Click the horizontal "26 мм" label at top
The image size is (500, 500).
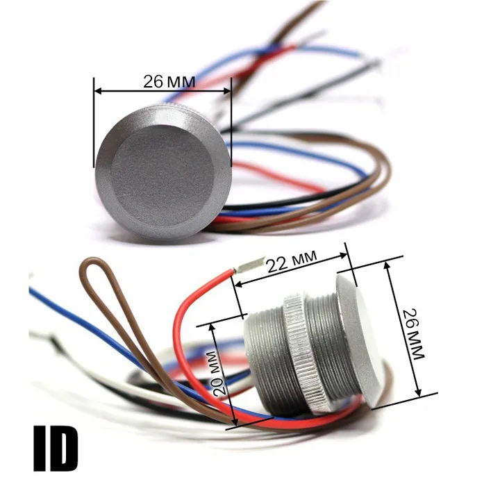point(169,82)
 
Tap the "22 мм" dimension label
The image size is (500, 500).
point(292,262)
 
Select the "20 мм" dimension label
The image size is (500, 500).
point(219,374)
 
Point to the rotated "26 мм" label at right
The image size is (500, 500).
point(414,334)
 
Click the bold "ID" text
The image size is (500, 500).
point(56,449)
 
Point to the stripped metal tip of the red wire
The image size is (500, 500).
point(250,265)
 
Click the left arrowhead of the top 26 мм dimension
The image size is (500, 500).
point(98,91)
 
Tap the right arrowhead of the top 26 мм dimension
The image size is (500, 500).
point(227,91)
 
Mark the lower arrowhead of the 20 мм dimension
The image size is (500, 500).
point(235,422)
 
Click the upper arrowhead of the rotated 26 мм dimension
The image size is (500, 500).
point(387,265)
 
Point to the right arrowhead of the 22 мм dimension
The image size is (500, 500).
point(344,255)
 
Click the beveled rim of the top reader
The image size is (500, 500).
point(106,185)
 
